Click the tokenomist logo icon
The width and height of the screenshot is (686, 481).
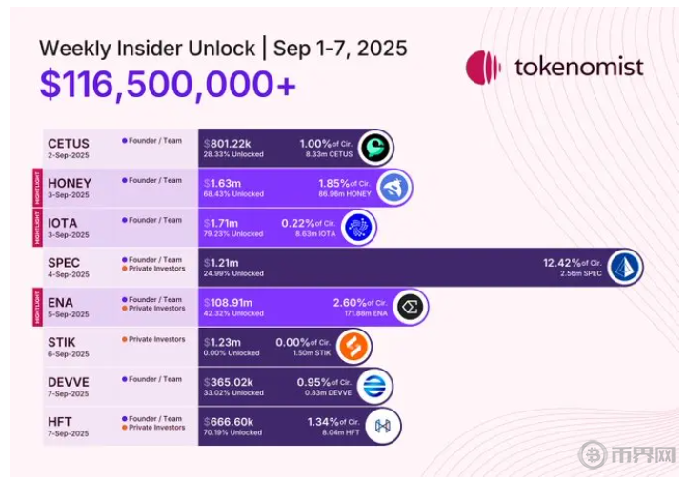pos(484,68)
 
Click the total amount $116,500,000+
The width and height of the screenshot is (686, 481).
pos(168,84)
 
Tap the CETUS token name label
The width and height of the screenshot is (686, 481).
pos(69,144)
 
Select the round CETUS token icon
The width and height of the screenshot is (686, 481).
pos(375,148)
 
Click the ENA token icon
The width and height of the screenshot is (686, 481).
pos(410,307)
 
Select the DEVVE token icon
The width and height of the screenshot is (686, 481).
pos(373,386)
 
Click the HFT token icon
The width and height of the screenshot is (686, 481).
pos(384,426)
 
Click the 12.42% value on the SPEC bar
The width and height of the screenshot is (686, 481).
pos(561,262)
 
